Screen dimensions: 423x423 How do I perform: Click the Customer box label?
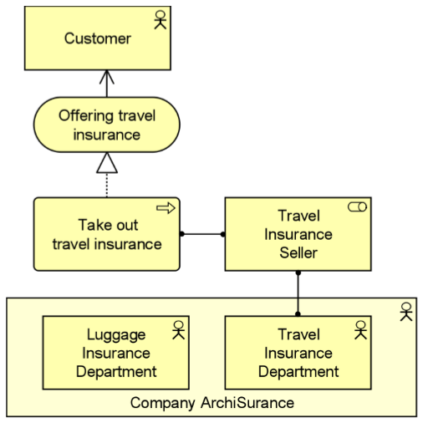click(98, 38)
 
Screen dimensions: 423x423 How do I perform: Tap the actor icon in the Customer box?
click(161, 20)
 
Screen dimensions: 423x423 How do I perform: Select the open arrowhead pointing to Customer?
click(107, 77)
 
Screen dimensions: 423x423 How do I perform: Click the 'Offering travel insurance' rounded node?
click(107, 125)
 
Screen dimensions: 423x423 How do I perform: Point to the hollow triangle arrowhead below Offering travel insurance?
click(107, 163)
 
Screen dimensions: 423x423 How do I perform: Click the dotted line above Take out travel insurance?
click(107, 186)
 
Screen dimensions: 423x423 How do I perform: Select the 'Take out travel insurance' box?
click(107, 234)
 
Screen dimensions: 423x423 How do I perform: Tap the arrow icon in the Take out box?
click(166, 208)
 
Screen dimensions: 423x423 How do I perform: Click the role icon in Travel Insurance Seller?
click(357, 207)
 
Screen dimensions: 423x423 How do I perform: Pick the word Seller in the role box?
click(298, 252)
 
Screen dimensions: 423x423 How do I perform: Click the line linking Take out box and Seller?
click(202, 234)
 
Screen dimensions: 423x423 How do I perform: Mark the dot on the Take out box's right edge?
click(182, 234)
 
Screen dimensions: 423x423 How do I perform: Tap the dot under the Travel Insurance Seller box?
click(298, 273)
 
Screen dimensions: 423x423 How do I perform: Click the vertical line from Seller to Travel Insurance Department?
click(298, 293)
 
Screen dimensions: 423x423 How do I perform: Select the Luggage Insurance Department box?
click(116, 353)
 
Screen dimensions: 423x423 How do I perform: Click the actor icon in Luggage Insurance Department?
click(178, 330)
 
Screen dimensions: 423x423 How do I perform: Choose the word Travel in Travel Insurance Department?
click(298, 334)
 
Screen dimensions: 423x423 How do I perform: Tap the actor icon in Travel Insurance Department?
click(360, 330)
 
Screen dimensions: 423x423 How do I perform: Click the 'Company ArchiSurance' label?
click(212, 403)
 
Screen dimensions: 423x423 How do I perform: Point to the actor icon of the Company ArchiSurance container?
click(406, 312)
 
